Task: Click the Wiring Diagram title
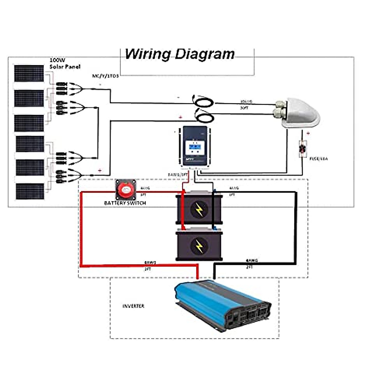point(180,54)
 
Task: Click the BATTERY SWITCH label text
point(125,203)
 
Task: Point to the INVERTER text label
point(133,306)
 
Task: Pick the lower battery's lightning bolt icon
point(199,246)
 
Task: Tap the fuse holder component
point(303,149)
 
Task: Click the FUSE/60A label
point(318,159)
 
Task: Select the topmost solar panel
point(29,74)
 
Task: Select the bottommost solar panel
point(30,191)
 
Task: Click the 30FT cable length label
point(244,108)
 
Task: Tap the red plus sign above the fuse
point(308,133)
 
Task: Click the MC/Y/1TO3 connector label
point(106,76)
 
